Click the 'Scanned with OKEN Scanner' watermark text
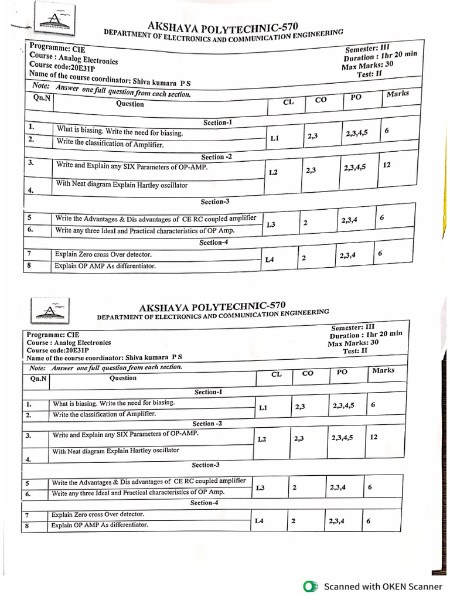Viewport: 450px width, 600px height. (x=383, y=587)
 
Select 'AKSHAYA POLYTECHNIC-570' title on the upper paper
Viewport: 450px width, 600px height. (x=223, y=26)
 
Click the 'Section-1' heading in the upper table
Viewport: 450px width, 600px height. (x=218, y=122)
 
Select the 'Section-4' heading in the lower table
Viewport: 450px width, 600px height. (x=204, y=503)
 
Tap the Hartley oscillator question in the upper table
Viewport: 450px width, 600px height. (x=122, y=185)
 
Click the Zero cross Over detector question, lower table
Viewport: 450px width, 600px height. (x=97, y=514)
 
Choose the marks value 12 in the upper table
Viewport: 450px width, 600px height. (x=387, y=165)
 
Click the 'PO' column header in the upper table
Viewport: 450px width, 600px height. (x=356, y=97)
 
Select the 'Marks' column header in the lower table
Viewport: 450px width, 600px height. (x=383, y=370)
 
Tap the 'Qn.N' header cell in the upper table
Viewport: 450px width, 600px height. (x=42, y=98)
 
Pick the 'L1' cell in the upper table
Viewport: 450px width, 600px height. (x=275, y=139)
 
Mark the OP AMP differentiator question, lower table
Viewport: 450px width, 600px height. (x=100, y=525)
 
